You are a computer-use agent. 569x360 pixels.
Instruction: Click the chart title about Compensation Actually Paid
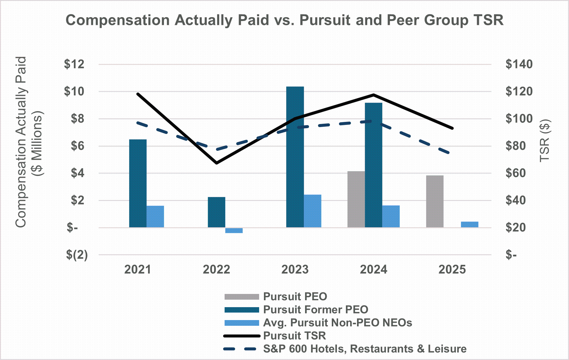point(284,20)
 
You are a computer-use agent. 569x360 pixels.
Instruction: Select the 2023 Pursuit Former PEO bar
point(295,157)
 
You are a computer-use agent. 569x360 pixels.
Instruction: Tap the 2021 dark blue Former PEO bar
point(138,183)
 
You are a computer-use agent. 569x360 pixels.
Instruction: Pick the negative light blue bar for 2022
point(234,230)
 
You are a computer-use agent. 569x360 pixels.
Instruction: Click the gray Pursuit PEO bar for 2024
point(356,199)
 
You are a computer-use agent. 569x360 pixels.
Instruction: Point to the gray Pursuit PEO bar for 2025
point(435,201)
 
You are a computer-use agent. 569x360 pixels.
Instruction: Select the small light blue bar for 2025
point(470,224)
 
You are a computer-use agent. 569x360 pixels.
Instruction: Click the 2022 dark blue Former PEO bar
point(216,212)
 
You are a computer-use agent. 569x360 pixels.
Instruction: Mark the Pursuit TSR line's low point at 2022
point(216,163)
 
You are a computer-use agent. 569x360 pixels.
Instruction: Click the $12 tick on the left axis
point(74,64)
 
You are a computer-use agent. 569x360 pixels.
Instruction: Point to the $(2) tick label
point(77,255)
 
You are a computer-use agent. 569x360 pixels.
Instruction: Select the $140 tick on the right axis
point(519,64)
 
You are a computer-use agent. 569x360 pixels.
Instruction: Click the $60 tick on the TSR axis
point(516,173)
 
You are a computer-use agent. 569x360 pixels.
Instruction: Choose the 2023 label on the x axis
point(295,270)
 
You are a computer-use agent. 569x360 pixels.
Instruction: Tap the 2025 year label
point(452,270)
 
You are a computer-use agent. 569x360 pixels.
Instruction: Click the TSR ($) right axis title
point(545,141)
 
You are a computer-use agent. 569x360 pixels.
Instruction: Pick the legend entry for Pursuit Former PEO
point(315,310)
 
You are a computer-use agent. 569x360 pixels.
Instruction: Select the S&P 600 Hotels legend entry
point(365,349)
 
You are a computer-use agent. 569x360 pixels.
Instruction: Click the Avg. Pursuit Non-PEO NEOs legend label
point(337,323)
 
